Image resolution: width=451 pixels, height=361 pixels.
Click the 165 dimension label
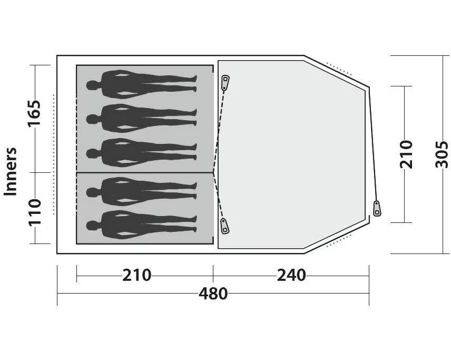tap(34, 113)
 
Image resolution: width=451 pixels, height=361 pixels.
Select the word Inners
tap(11, 172)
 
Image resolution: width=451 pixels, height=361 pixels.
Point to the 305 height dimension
tap(442, 154)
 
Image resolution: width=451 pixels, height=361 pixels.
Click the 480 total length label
tap(213, 294)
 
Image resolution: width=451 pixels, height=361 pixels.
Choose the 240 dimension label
tap(291, 275)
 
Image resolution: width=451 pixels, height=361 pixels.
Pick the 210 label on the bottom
tap(136, 275)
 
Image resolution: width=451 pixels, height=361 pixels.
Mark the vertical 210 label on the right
tap(406, 154)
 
